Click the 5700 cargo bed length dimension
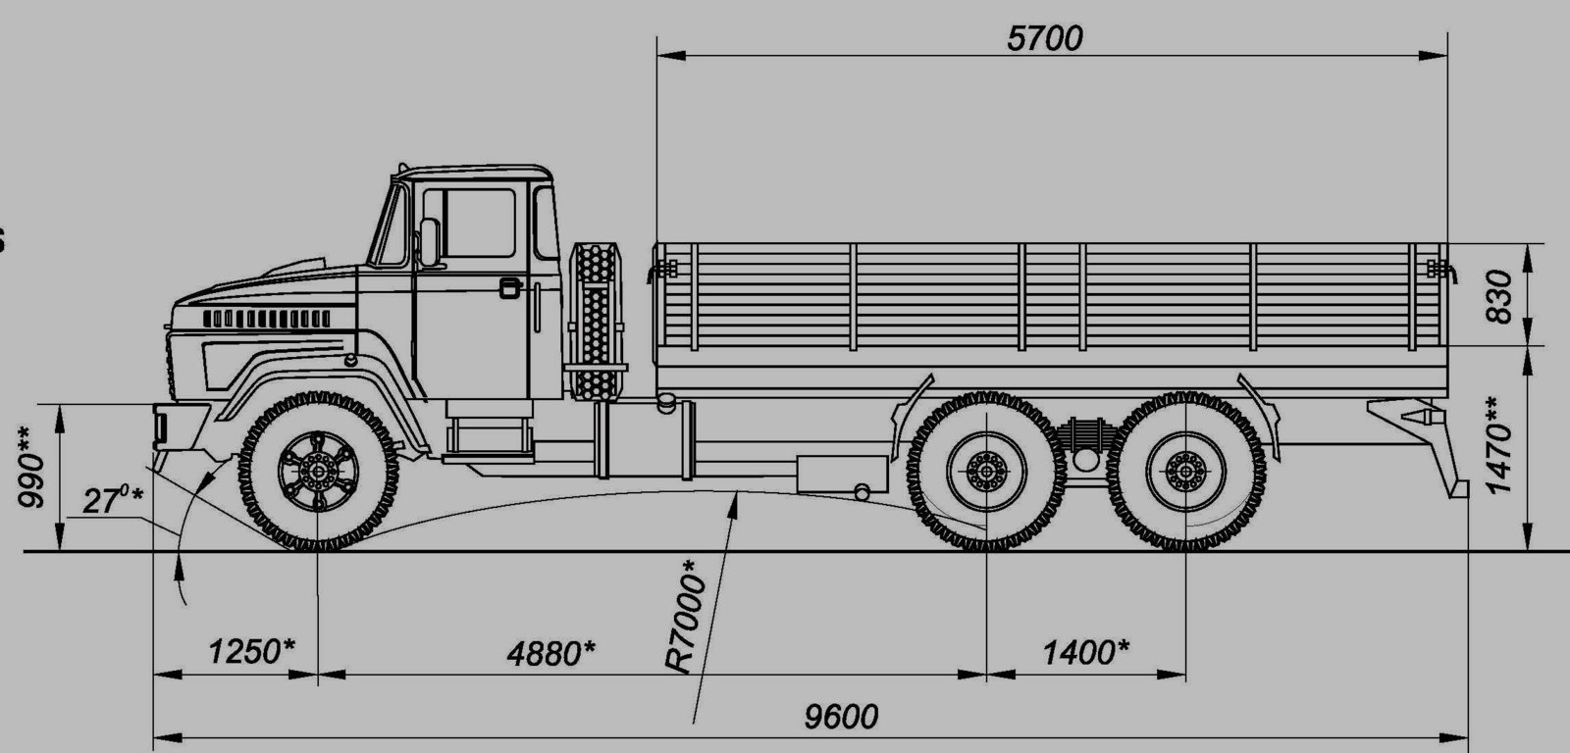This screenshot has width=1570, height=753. [x=1044, y=38]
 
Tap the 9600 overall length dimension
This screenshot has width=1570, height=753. [x=840, y=717]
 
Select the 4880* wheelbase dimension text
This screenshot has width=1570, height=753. [x=550, y=654]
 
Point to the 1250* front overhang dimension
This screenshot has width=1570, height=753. [x=251, y=651]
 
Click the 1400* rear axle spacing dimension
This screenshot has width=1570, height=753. [x=1085, y=653]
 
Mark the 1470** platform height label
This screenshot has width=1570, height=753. [x=1499, y=445]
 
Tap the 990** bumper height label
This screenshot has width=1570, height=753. [x=32, y=467]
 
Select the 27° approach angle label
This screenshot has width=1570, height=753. [x=112, y=500]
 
